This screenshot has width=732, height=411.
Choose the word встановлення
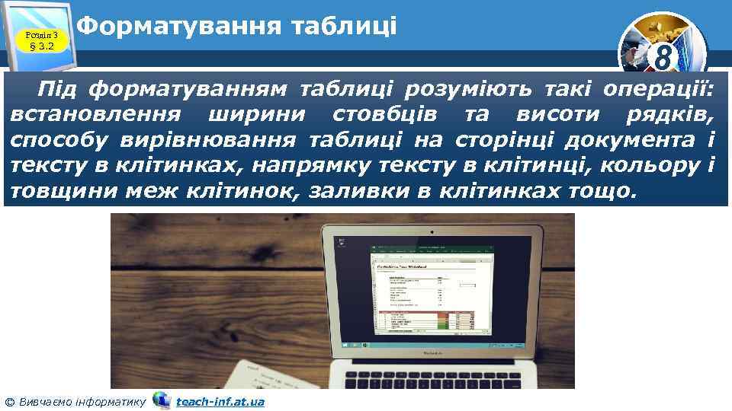pos(96,115)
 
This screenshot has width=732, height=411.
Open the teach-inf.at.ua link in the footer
pos(220,401)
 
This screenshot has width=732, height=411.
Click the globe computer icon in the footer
pos(161,400)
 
